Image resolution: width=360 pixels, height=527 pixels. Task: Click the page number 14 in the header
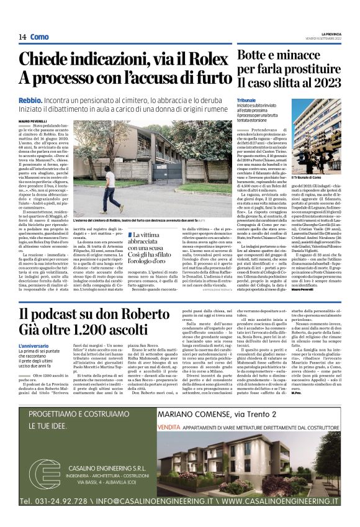click(22, 37)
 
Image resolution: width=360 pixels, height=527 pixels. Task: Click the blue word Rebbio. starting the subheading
click(30, 99)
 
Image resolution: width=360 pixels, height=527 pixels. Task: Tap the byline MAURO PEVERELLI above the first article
click(34, 120)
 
